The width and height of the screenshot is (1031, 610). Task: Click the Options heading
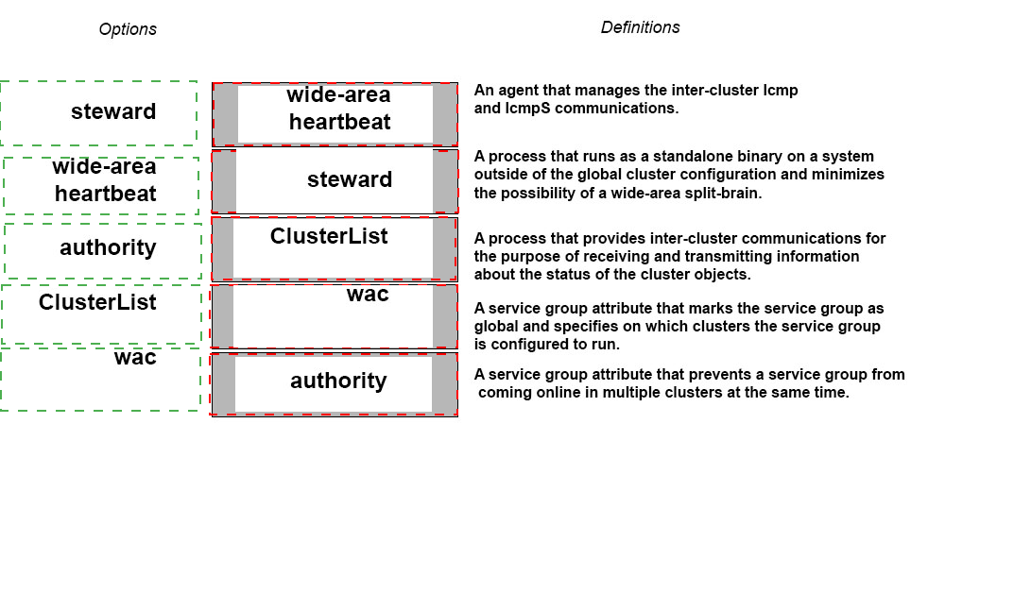pyautogui.click(x=128, y=29)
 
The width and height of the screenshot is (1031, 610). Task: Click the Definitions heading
pyautogui.click(x=641, y=27)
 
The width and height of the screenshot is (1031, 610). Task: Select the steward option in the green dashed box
pyautogui.click(x=113, y=111)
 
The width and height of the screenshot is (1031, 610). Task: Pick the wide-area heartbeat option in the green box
pyautogui.click(x=105, y=180)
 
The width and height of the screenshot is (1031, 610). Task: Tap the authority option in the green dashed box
pyautogui.click(x=108, y=247)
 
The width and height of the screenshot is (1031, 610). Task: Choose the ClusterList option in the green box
pyautogui.click(x=97, y=302)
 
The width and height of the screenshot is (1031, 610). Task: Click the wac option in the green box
pyautogui.click(x=135, y=358)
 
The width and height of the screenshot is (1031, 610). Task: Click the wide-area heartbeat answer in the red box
pyautogui.click(x=338, y=109)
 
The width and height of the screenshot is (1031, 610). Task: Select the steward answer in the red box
pyautogui.click(x=349, y=179)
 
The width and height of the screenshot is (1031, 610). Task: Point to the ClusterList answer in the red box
pyautogui.click(x=329, y=237)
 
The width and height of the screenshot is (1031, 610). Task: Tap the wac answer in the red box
pyautogui.click(x=368, y=295)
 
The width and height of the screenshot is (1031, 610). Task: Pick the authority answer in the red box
pyautogui.click(x=338, y=381)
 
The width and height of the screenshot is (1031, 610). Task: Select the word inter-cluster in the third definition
pyautogui.click(x=695, y=239)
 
